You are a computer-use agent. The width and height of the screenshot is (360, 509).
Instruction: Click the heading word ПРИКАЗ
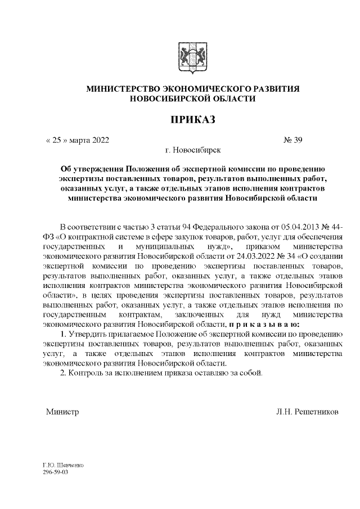193,120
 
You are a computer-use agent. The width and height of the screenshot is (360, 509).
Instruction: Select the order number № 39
294,140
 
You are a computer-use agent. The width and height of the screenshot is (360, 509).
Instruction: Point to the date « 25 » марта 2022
77,140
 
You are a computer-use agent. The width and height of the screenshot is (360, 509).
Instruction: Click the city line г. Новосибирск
193,150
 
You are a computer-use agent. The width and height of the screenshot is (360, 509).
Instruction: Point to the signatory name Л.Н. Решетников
307,412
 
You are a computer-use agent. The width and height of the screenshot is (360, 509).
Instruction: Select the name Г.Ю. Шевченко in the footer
63,466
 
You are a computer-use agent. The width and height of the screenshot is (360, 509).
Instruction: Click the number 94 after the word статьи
187,227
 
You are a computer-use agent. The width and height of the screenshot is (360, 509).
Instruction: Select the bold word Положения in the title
150,168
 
